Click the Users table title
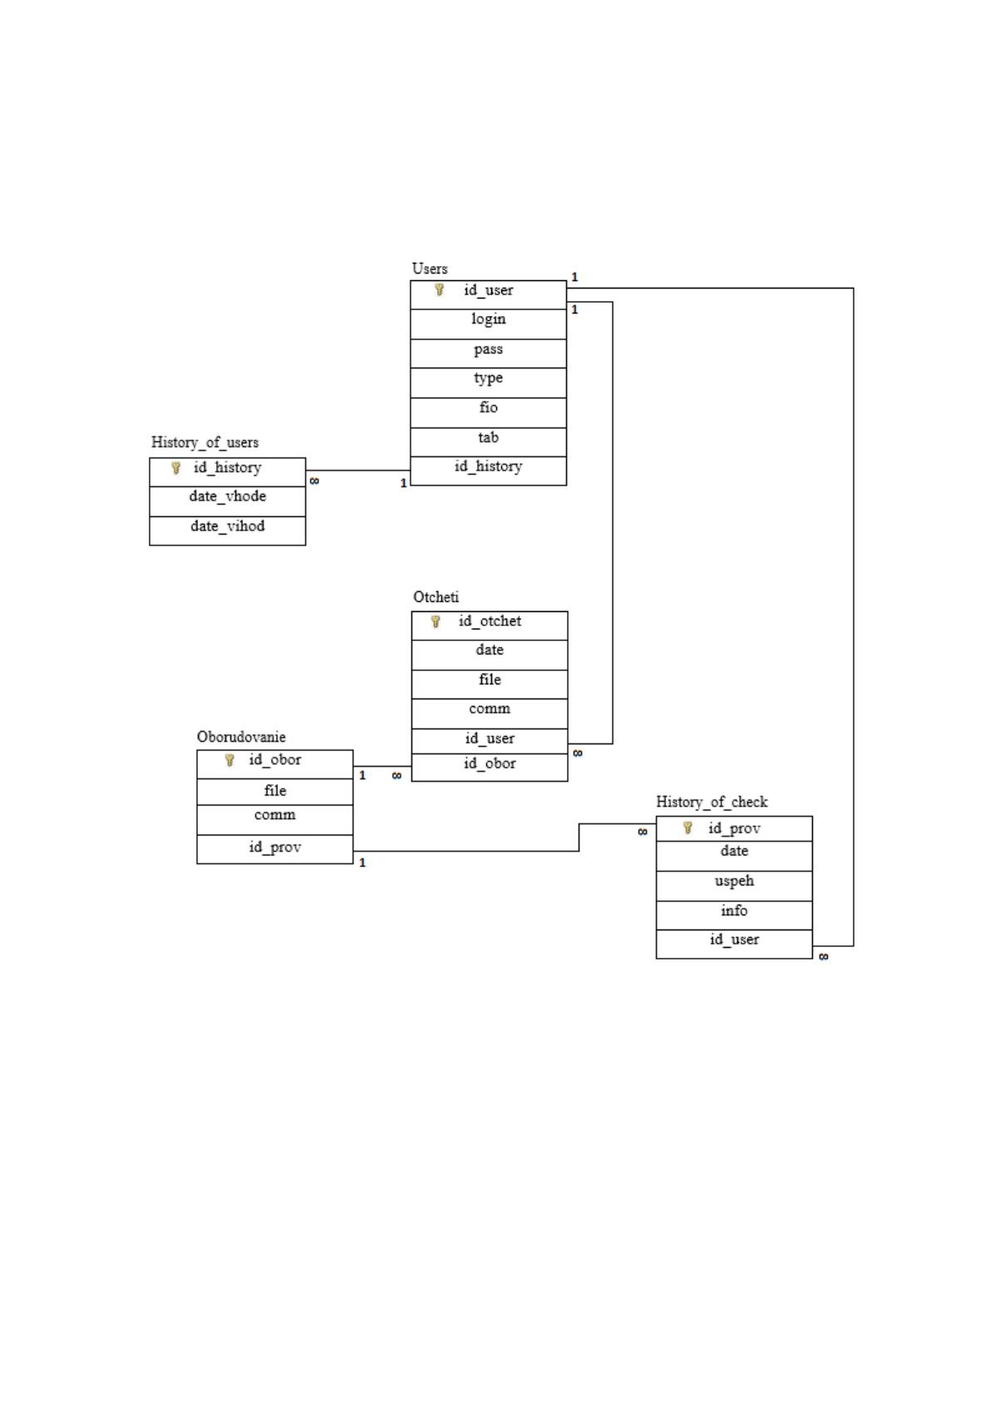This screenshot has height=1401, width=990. coord(430,269)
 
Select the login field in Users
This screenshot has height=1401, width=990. coord(489,319)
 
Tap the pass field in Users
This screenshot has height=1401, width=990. coord(489,349)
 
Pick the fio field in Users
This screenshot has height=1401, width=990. coord(489,407)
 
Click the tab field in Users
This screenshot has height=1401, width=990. coord(489,437)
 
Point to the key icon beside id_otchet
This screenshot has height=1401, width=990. coord(436,621)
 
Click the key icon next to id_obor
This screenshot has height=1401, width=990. coord(229,760)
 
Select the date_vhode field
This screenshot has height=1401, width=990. coord(228,496)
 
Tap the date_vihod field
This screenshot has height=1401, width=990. coord(228,526)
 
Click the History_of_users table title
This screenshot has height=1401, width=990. coord(204,443)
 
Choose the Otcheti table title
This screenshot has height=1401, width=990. coord(436,597)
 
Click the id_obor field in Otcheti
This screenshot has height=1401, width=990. coord(490,763)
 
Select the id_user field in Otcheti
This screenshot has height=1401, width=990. coord(490,738)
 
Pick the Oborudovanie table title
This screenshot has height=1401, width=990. coord(241,737)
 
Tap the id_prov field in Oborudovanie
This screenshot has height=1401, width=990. coord(275,847)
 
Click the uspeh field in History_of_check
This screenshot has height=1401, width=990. coord(734,881)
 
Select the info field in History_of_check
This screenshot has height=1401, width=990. coord(734,910)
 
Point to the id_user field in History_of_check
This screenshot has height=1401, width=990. coord(734,940)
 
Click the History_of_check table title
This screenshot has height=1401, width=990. coord(712,802)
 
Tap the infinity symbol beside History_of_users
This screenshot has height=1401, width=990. coord(314,481)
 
